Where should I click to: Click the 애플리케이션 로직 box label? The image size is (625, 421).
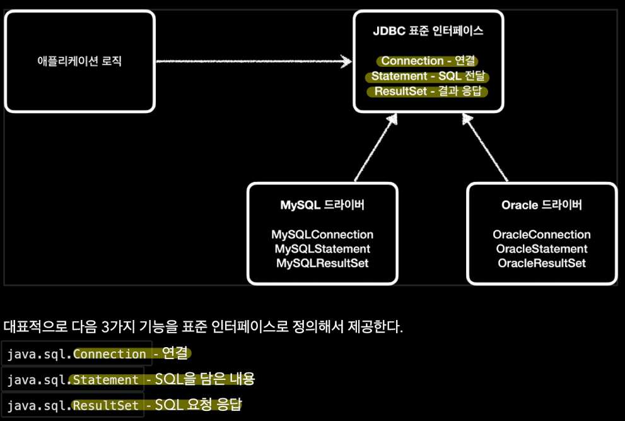click(x=79, y=61)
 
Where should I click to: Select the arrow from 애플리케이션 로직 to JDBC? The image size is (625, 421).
click(x=252, y=61)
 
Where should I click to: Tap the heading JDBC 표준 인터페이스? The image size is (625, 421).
click(x=428, y=30)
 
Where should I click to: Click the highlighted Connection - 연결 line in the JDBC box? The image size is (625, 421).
click(x=428, y=61)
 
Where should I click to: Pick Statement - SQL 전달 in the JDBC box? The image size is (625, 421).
click(x=428, y=76)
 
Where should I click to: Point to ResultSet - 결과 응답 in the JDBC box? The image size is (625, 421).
click(x=428, y=92)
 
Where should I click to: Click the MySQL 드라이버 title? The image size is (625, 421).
click(x=322, y=205)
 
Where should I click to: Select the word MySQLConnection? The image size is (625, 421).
click(x=322, y=235)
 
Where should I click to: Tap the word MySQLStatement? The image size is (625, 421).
click(x=322, y=249)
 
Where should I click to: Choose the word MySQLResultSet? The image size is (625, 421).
click(x=322, y=263)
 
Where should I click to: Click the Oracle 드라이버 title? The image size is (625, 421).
click(x=542, y=205)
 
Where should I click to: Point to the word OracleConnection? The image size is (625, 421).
click(x=542, y=235)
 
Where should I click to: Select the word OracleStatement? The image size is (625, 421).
click(x=542, y=249)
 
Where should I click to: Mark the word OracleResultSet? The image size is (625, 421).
click(x=542, y=263)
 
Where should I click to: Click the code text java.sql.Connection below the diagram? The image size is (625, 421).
click(x=76, y=354)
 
